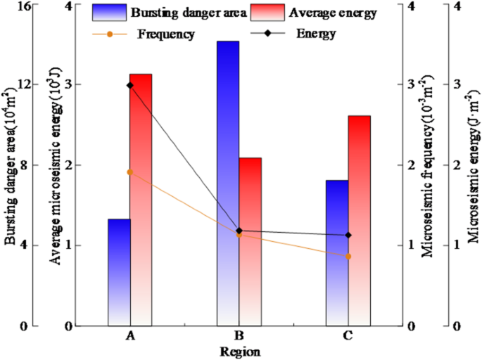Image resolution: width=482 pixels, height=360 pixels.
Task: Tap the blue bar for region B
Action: coord(227,183)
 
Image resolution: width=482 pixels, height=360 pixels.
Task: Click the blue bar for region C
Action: coord(337,252)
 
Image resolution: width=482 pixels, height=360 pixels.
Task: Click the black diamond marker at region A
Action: coord(130,86)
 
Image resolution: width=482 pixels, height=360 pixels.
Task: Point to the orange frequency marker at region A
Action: coord(130,172)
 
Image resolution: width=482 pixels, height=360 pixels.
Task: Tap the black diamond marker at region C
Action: coord(348,236)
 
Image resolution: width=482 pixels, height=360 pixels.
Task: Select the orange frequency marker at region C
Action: coord(348,256)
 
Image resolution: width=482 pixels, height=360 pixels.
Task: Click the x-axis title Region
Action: coord(240,352)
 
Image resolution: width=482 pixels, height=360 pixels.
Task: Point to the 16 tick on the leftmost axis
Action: coord(25,6)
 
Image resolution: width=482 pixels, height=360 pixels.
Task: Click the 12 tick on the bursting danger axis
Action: coord(25,84)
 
